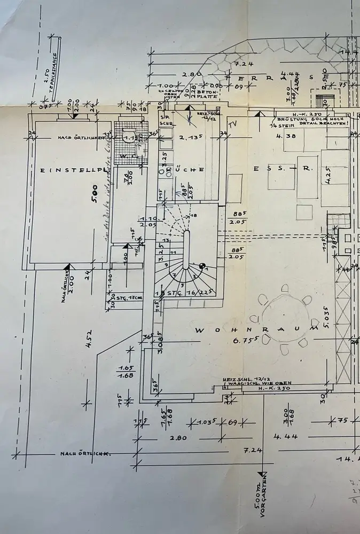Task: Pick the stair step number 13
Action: pos(167,240)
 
